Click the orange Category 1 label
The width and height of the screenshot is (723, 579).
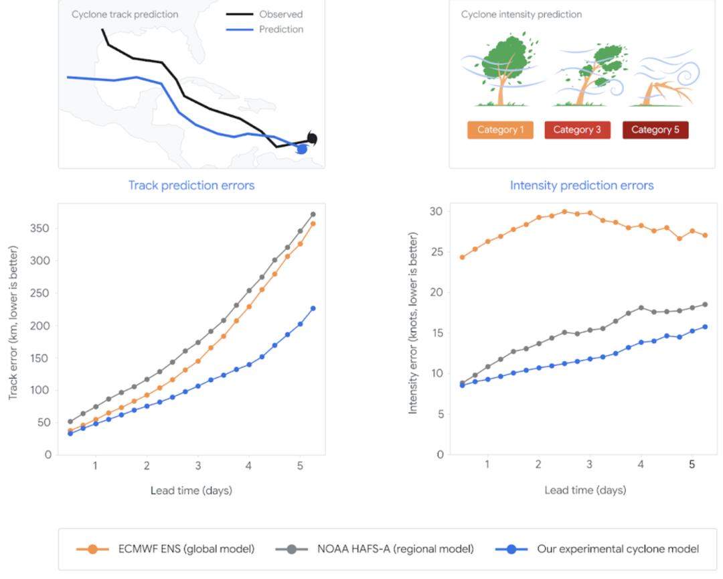pos(500,130)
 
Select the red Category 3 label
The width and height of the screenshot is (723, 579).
pos(577,130)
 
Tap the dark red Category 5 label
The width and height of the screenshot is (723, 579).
pos(655,130)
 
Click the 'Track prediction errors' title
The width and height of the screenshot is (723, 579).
pos(191,185)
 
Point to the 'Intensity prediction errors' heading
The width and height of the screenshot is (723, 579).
pos(582,185)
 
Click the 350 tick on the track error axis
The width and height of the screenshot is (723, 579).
pos(39,228)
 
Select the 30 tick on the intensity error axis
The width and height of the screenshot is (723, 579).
pos(436,211)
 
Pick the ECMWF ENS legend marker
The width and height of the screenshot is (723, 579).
pos(92,549)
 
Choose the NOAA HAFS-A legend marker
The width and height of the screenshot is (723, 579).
pos(291,549)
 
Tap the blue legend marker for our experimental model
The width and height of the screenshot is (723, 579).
pos(511,549)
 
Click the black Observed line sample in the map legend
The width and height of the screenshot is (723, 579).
pos(239,14)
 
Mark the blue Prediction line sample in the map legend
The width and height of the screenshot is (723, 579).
pos(239,29)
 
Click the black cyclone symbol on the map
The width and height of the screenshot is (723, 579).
pos(312,138)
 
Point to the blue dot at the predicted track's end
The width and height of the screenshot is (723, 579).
pos(302,149)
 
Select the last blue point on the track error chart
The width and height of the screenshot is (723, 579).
pos(313,308)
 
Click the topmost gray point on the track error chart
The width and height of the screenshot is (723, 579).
pos(313,214)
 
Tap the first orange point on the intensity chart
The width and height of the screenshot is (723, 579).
pos(463,257)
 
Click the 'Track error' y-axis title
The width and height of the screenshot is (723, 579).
pos(13,323)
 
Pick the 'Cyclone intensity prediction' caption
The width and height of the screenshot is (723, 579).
pos(521,14)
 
